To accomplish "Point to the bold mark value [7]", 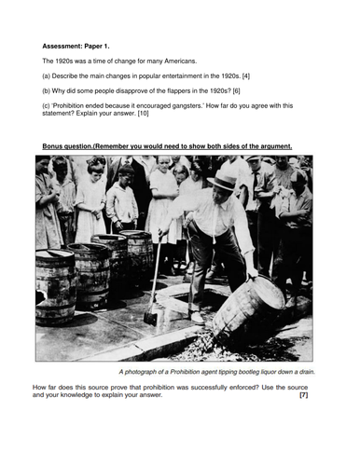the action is pos(303,395).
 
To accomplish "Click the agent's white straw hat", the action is pos(225,180).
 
